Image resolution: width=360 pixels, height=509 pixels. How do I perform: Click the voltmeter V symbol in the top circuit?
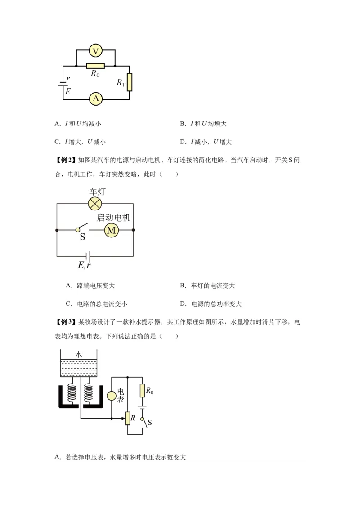(x=95, y=51)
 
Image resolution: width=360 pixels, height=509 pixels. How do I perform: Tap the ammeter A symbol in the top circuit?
(x=95, y=98)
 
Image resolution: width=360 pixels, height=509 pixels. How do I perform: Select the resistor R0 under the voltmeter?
(x=95, y=66)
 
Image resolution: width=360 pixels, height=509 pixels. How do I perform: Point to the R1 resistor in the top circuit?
(x=130, y=82)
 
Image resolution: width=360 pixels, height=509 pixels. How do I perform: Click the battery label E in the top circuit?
(x=68, y=91)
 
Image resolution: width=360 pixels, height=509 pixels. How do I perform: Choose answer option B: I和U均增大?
(x=206, y=124)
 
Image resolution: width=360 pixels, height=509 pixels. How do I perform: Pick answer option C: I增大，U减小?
(x=80, y=142)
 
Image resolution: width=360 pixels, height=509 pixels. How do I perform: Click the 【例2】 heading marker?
(x=66, y=160)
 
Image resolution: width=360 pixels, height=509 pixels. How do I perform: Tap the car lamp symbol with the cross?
(x=94, y=204)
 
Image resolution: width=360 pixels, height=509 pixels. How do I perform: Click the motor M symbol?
(x=111, y=231)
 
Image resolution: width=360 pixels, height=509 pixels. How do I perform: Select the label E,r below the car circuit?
(x=84, y=265)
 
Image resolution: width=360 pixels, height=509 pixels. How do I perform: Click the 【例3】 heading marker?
(x=66, y=322)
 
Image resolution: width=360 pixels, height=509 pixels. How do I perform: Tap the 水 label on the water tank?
(x=79, y=354)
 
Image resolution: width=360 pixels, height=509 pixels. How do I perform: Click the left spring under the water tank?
(x=72, y=392)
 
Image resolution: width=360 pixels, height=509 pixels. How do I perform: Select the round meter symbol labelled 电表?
(x=111, y=396)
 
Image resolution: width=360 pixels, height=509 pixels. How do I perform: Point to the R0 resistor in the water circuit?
(x=142, y=391)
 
